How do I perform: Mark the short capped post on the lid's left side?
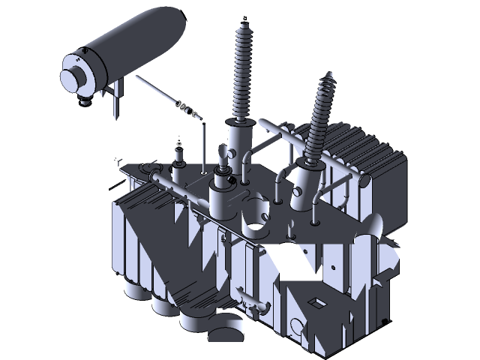[x=178, y=159]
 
